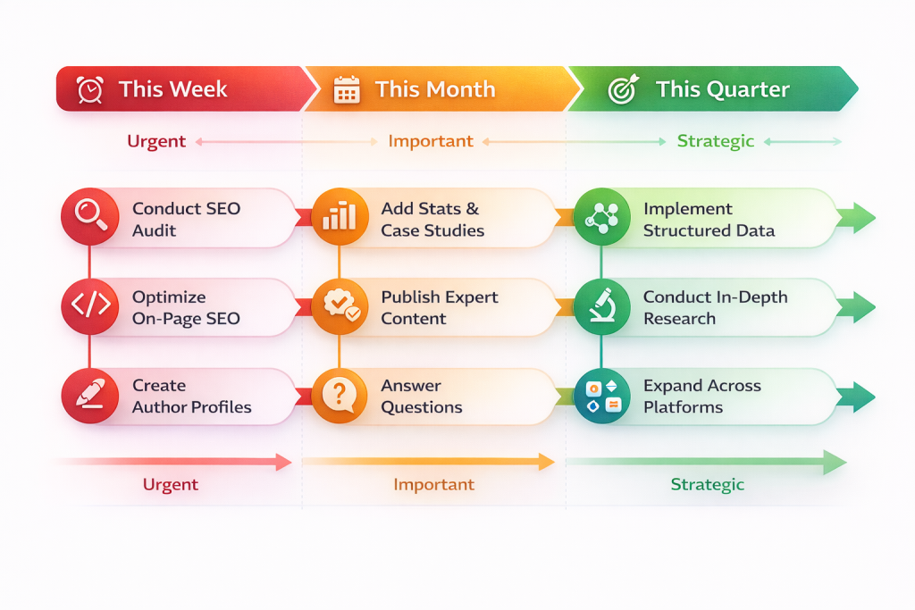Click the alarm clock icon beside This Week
[x=90, y=89]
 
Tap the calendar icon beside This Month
[x=346, y=89]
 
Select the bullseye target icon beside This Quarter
[x=622, y=89]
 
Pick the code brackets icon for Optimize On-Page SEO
[x=90, y=305]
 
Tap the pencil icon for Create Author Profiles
[x=90, y=394]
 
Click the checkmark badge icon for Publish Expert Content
[x=340, y=305]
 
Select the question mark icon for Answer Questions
[x=340, y=394]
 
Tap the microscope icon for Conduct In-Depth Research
[x=601, y=305]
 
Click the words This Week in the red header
[x=172, y=89]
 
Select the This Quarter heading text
[x=722, y=89]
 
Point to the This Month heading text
[x=434, y=89]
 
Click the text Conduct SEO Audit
[x=186, y=219]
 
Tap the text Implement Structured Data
[x=709, y=219]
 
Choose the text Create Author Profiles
[x=191, y=396]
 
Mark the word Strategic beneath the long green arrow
[x=707, y=484]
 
